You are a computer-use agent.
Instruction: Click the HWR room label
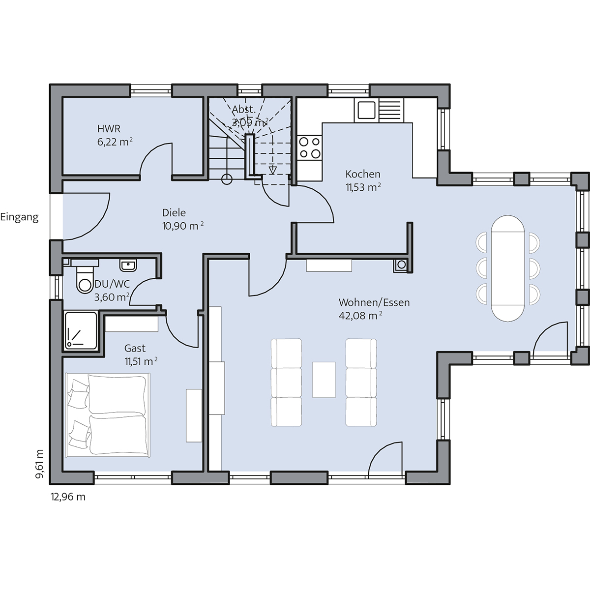tap(109, 129)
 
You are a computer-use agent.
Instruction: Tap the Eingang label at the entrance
tap(19, 217)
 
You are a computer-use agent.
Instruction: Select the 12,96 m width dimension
tap(68, 497)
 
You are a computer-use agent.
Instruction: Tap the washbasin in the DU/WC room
tap(128, 265)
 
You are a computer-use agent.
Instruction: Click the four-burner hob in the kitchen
tap(309, 147)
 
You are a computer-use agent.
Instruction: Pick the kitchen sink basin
tap(366, 110)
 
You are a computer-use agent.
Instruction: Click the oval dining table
tap(507, 268)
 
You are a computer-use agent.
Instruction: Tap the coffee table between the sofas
tap(324, 380)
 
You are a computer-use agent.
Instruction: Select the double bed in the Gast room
tap(108, 415)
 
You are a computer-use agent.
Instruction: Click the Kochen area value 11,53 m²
tap(363, 187)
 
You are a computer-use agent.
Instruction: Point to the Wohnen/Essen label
tap(374, 302)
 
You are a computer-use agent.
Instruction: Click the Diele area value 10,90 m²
tap(183, 226)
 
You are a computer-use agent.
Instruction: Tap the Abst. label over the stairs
tap(243, 109)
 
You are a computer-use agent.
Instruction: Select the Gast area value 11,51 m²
tap(141, 361)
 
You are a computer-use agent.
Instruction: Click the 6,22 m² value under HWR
tap(115, 142)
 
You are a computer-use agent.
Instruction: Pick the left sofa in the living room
tap(286, 383)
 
